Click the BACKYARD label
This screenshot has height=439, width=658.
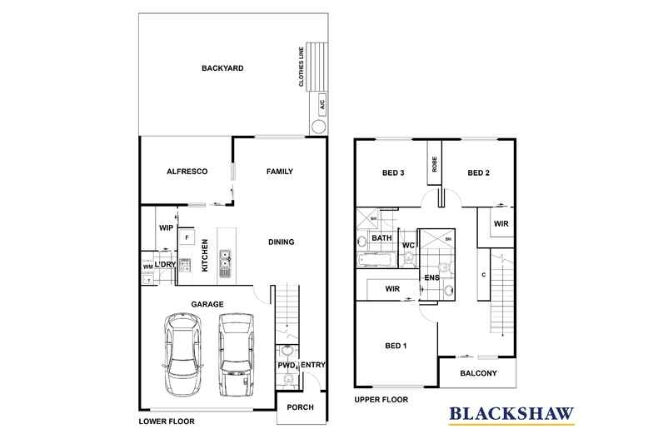pos(222,68)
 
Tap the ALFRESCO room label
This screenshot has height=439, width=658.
pos(187,172)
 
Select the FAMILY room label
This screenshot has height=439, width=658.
pos(279,172)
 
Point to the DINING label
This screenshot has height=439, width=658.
pos(282,242)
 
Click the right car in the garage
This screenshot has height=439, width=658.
pos(235,355)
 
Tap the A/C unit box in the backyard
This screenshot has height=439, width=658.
pos(321,104)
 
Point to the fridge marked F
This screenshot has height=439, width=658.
pos(186,238)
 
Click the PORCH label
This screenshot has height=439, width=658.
pos(299,407)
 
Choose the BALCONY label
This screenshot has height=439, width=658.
pos(478,373)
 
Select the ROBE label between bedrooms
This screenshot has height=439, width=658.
pos(434,163)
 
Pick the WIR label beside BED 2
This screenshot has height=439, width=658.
pos(501,224)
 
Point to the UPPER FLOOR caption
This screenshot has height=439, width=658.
pos(381,401)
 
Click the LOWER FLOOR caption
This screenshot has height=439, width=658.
pos(166,422)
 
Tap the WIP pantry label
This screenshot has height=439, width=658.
pos(165,226)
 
